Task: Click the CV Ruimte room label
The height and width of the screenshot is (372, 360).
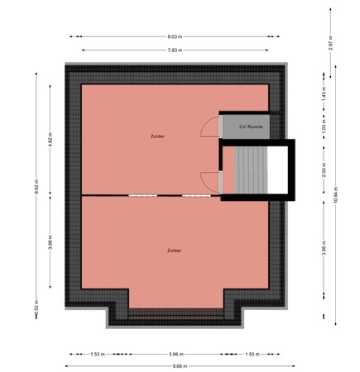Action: tap(251, 127)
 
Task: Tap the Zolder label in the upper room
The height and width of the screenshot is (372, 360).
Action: tap(157, 136)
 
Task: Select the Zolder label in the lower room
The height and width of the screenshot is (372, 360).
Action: tap(174, 250)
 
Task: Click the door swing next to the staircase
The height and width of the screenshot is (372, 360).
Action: tap(211, 181)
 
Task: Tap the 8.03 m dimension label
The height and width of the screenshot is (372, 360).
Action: tap(175, 36)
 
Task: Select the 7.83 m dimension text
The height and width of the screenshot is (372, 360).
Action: tap(175, 50)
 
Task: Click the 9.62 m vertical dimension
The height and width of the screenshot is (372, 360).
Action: tap(36, 187)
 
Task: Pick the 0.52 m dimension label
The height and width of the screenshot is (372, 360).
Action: tap(36, 306)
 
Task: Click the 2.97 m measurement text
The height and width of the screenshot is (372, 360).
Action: tap(330, 45)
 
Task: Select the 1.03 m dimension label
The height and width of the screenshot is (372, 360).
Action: tap(324, 130)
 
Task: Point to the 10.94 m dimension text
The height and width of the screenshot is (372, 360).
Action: tap(337, 198)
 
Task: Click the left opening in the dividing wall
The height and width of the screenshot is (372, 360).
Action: tap(141, 195)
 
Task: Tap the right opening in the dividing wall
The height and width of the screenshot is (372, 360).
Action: tap(195, 195)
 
